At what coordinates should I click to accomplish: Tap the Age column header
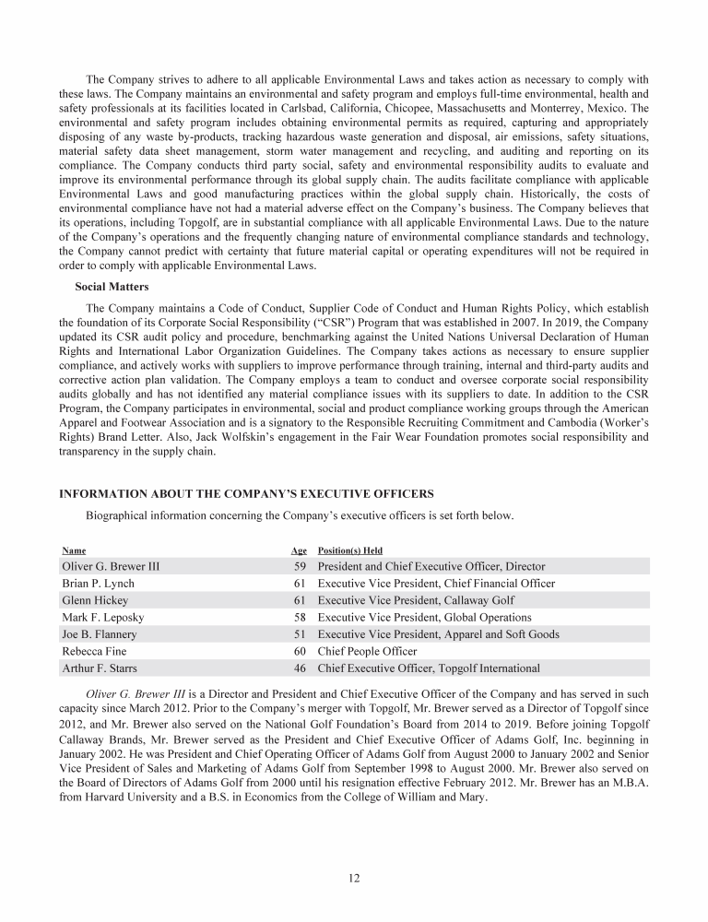pyautogui.click(x=299, y=550)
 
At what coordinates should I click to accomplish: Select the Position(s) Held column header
pyautogui.click(x=349, y=550)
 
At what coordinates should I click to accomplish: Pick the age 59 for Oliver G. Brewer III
pyautogui.click(x=299, y=566)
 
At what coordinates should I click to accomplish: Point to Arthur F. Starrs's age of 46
pyautogui.click(x=299, y=668)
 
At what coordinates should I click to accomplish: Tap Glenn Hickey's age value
pyautogui.click(x=299, y=600)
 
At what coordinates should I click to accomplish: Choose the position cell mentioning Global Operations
pyautogui.click(x=424, y=617)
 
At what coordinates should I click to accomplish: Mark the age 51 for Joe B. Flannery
pyautogui.click(x=299, y=634)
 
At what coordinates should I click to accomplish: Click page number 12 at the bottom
pyautogui.click(x=354, y=877)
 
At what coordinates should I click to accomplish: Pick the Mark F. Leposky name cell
pyautogui.click(x=101, y=617)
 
